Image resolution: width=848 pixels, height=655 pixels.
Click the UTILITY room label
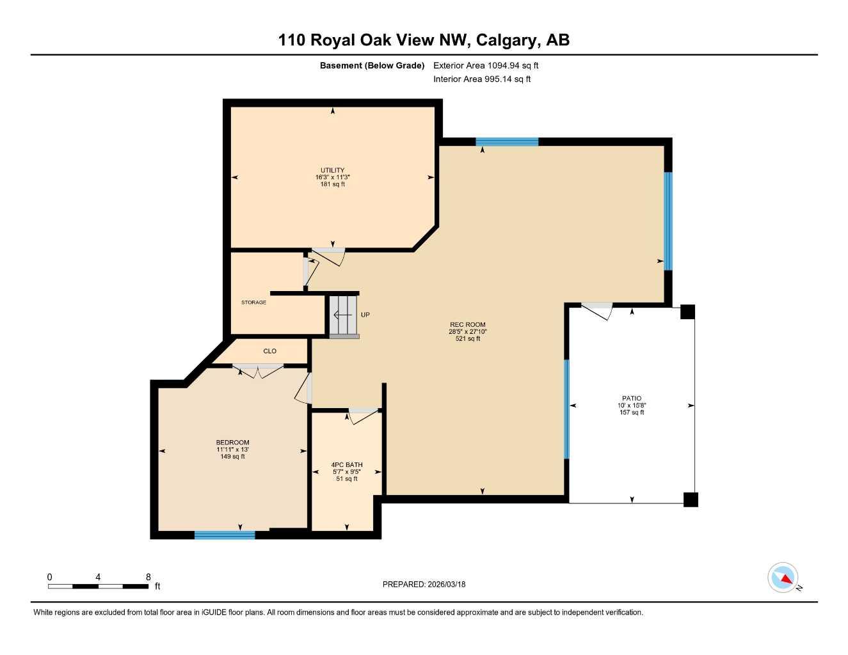tap(332, 170)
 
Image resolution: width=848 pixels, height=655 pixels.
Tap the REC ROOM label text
tap(467, 325)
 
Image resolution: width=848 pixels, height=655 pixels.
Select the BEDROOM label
tap(232, 443)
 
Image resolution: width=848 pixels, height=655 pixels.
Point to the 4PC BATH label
tap(347, 465)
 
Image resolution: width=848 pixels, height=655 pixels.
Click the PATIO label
tap(631, 399)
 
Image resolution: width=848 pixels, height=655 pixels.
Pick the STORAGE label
tap(253, 303)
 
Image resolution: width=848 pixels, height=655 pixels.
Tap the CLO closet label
tap(269, 351)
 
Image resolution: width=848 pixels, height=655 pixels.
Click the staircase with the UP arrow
tap(344, 315)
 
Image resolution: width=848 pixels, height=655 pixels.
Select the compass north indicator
tap(783, 578)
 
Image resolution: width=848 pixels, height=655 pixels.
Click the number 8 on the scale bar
tap(148, 577)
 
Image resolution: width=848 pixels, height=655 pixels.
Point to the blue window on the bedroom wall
tap(225, 535)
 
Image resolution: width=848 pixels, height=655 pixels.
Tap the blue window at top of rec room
tap(507, 142)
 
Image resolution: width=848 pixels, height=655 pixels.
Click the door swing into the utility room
tap(329, 256)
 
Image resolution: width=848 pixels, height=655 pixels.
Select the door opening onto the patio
tap(597, 311)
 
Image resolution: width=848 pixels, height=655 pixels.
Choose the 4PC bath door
tap(363, 415)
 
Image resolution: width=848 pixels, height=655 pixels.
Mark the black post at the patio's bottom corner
tap(691, 500)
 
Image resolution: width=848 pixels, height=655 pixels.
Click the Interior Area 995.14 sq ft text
tap(482, 79)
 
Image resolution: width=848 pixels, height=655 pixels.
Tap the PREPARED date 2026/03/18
tap(424, 584)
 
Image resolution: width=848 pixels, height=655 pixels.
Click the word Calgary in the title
tap(506, 40)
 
